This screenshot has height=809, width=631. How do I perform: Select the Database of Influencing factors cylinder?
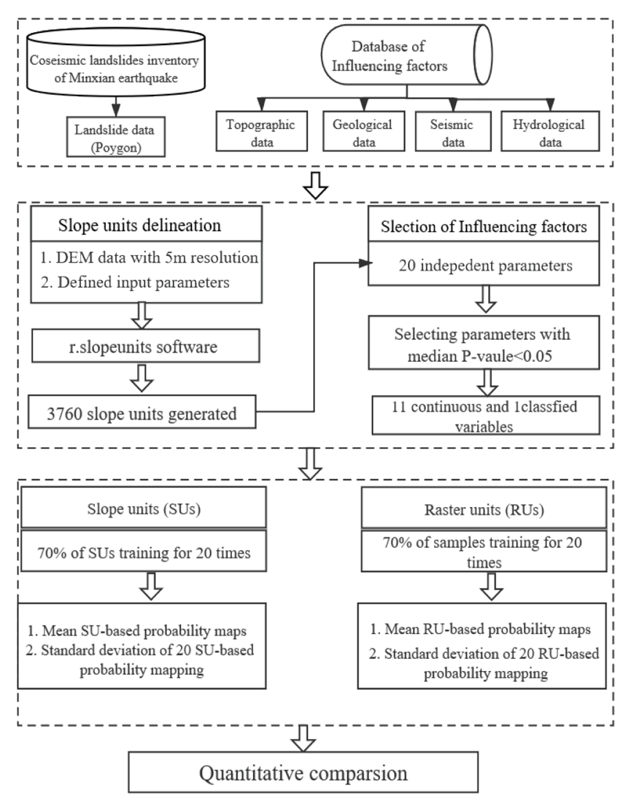coord(406,55)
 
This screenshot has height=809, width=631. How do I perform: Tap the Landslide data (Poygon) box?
coord(115,136)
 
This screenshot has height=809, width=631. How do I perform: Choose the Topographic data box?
coord(262,131)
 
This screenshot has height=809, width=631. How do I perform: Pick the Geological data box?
coord(364,131)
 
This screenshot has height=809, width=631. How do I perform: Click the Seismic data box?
coord(453,131)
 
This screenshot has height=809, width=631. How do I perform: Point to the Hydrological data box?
coord(550,131)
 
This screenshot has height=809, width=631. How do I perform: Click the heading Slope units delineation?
coord(139,225)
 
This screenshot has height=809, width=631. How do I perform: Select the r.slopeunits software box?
coord(145,347)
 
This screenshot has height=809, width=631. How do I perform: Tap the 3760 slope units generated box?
coord(142,411)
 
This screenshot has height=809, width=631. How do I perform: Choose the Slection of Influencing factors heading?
coord(484,226)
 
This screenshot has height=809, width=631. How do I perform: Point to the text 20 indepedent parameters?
coord(486,266)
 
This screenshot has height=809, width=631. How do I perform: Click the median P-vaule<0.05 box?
coord(484,343)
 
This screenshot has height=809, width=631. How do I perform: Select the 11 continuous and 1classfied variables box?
coord(486,415)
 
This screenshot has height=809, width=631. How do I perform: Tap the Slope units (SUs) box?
coord(144,507)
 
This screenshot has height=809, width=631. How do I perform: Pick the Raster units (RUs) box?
coord(484,508)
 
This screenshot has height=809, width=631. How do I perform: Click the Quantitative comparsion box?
coord(303,772)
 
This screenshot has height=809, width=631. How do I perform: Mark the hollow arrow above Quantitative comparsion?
coord(303,738)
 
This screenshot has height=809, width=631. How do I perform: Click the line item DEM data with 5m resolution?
coord(149,258)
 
